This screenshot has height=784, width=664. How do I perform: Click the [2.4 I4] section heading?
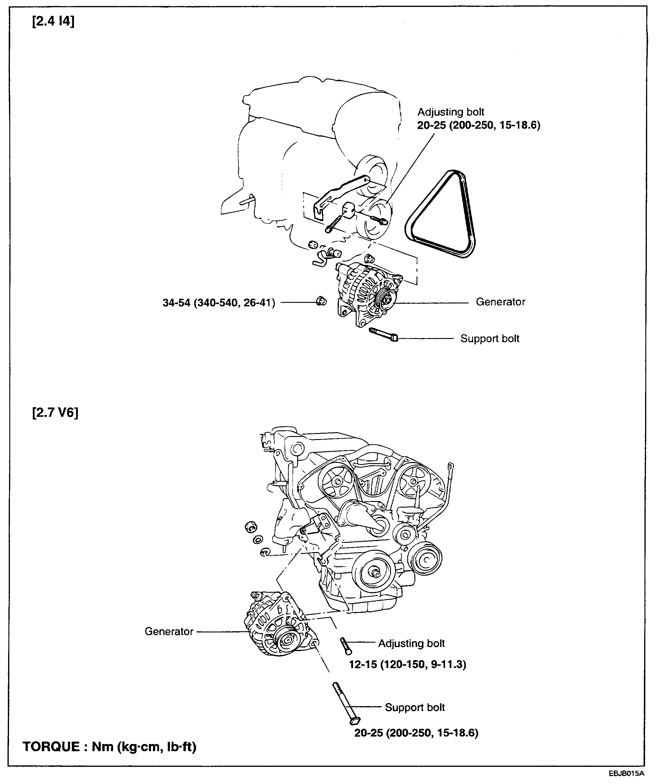53,21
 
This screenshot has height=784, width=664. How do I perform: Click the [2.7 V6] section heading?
55,413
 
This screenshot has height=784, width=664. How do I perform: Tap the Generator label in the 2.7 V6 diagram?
169,631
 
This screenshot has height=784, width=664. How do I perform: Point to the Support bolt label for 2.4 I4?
489,338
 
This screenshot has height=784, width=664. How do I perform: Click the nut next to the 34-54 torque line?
321,301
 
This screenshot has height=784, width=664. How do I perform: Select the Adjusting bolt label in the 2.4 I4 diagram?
450,112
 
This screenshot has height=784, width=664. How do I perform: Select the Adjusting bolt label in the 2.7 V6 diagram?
411,643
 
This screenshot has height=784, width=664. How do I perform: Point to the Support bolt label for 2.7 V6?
414,707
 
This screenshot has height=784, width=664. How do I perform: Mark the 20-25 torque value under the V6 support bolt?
416,733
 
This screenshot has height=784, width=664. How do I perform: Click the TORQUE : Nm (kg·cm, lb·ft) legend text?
109,746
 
